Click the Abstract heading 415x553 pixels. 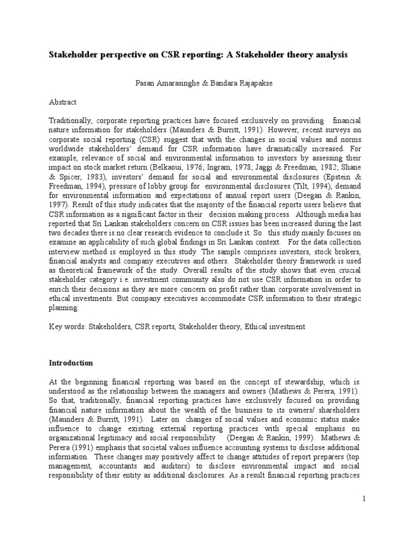pyautogui.click(x=63, y=102)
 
